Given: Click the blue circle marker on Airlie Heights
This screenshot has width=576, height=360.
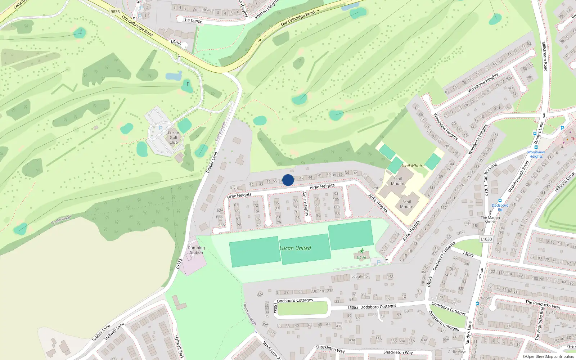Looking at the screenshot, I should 288,180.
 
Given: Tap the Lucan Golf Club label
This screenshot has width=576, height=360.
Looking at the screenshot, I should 174,138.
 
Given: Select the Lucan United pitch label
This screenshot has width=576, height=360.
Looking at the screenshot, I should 295,248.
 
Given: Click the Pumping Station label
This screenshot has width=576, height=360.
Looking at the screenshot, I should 196,250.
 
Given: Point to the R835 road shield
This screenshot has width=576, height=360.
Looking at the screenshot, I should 115,12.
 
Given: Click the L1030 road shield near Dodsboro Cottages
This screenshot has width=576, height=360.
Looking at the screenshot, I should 486,239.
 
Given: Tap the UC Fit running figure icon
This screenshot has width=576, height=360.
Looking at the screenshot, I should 361,251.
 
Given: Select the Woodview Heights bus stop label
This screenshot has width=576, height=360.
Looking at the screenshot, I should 536,154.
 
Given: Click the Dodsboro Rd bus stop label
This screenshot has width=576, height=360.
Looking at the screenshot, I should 500,207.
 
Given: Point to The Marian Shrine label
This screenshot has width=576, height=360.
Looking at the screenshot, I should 490,220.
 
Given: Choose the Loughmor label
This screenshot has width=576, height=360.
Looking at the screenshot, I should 360,276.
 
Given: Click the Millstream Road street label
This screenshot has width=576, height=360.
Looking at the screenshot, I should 545,56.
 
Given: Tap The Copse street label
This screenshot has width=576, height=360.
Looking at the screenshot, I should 193,21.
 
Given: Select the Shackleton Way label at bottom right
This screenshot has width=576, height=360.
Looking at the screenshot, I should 398,352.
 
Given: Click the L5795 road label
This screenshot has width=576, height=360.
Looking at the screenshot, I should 176,42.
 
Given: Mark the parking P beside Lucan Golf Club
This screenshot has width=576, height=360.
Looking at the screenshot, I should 161,128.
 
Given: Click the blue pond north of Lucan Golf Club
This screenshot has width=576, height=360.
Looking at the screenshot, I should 174,76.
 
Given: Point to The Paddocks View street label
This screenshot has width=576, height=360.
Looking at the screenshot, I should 543,304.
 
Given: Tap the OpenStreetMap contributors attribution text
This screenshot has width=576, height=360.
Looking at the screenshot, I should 548,357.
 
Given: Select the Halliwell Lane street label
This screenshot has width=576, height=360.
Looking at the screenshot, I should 114,331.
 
